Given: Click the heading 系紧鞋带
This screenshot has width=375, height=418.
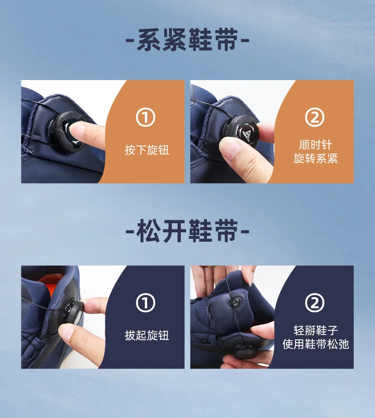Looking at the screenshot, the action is (x=187, y=40).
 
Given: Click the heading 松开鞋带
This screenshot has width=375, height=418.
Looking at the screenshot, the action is (x=187, y=231).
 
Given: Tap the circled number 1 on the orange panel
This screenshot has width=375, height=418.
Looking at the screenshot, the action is (x=146, y=117).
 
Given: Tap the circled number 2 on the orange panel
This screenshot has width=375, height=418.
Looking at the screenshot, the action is (x=315, y=117).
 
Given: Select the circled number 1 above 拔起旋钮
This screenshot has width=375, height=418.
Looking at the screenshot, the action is (x=146, y=302).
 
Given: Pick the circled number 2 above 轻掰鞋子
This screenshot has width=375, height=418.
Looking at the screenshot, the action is (x=315, y=302).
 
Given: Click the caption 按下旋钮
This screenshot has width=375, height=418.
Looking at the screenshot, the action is (x=147, y=150).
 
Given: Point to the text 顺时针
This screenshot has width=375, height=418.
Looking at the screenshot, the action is (x=316, y=145).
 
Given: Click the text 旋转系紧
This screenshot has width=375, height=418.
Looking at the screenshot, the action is (x=316, y=158).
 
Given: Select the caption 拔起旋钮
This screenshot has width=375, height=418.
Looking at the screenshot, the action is (x=147, y=336).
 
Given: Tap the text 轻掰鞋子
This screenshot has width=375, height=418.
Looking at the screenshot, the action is (x=316, y=331).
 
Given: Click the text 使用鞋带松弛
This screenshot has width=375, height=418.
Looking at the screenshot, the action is (x=316, y=344).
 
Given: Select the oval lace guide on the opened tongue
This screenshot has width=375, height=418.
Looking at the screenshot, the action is (x=235, y=302).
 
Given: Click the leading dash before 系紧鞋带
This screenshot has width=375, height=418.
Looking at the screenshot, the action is (x=130, y=41).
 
